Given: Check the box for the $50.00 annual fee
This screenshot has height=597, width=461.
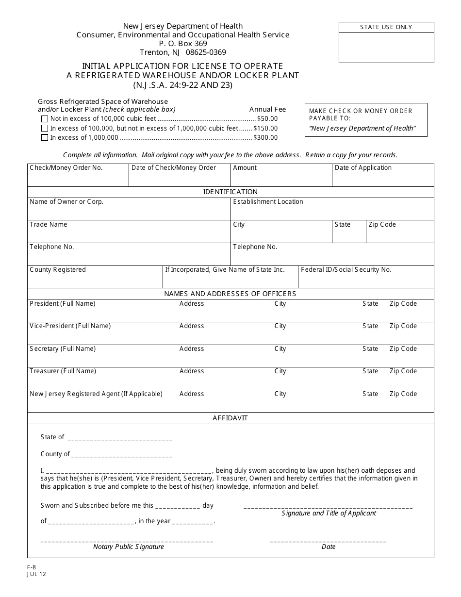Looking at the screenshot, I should pyautogui.click(x=45, y=119).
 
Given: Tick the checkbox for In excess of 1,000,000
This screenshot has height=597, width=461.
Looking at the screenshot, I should pyautogui.click(x=45, y=138).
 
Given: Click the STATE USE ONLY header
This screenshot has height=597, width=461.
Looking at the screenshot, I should pyautogui.click(x=386, y=27).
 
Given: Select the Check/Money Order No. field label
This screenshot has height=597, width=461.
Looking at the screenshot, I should pyautogui.click(x=66, y=168).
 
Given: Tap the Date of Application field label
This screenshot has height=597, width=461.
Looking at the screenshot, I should pyautogui.click(x=363, y=168).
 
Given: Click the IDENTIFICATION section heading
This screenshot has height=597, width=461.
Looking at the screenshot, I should pyautogui.click(x=230, y=192).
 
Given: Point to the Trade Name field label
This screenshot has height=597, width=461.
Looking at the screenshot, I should pyautogui.click(x=49, y=225).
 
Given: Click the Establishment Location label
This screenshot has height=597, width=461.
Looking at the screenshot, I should pyautogui.click(x=268, y=202).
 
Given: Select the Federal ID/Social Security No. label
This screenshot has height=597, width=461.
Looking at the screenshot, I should pyautogui.click(x=346, y=270).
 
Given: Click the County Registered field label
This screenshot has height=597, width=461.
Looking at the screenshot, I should pyautogui.click(x=57, y=270).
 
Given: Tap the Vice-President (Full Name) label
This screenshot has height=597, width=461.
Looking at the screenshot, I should pyautogui.click(x=70, y=326).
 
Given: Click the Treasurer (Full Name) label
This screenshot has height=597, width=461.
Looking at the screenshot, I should pyautogui.click(x=63, y=371).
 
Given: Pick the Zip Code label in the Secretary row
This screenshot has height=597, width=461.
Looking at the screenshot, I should pyautogui.click(x=403, y=349).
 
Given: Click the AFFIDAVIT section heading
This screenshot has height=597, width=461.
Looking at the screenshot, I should pyautogui.click(x=230, y=418).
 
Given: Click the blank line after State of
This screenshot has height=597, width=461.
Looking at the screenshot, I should pyautogui.click(x=119, y=438).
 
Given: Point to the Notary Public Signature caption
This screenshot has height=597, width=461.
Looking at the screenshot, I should pyautogui.click(x=129, y=547).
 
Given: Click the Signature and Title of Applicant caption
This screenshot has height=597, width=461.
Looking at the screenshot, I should pyautogui.click(x=329, y=514).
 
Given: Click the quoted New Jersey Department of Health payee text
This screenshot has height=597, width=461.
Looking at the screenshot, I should pyautogui.click(x=362, y=129).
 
